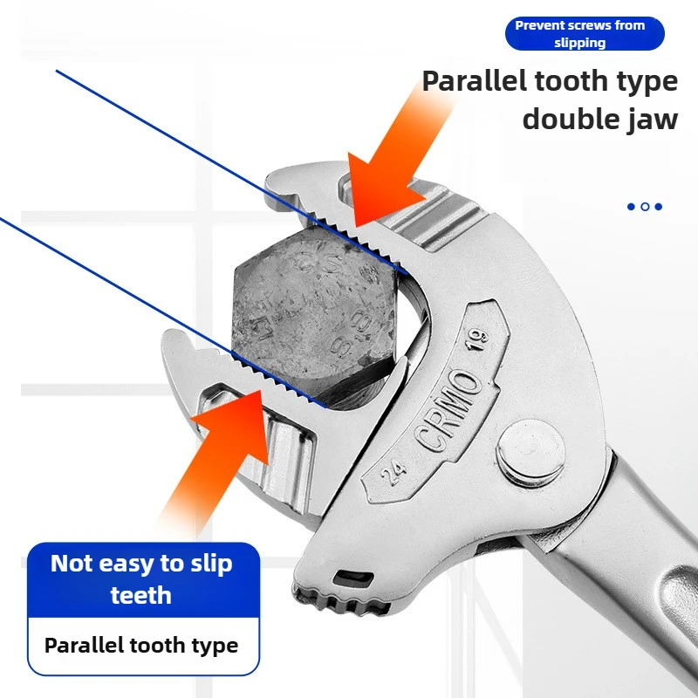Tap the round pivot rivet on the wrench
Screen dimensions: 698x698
530,453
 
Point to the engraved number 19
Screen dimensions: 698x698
477,339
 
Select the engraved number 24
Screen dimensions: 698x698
394,471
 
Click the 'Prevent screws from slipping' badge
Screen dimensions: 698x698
585,34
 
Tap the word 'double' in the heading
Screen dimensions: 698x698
571,120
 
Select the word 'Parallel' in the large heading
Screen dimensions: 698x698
475,81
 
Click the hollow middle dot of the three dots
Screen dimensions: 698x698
645,207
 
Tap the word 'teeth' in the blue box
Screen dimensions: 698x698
141,595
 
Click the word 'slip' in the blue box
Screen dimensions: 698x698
211,564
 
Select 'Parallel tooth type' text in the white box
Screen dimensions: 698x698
141,646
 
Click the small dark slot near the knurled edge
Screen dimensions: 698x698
353,578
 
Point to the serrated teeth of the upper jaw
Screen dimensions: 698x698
356,242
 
